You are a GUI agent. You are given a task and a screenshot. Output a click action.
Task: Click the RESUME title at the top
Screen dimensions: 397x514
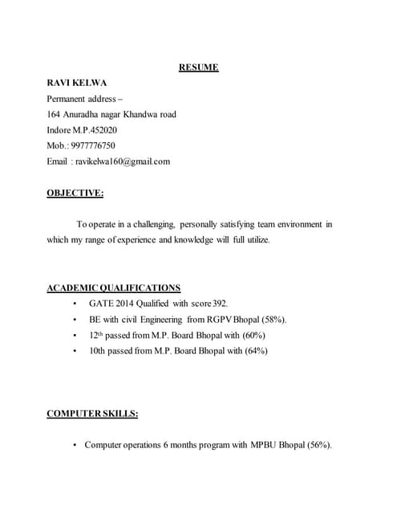(x=198, y=67)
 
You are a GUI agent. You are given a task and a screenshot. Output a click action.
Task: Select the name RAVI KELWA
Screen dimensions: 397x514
(x=77, y=83)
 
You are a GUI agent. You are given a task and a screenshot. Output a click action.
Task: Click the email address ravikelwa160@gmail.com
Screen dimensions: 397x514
(x=123, y=161)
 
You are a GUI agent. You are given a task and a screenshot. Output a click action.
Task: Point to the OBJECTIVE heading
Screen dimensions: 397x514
(x=75, y=193)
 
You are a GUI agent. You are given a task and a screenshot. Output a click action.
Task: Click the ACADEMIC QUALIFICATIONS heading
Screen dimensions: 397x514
(x=113, y=288)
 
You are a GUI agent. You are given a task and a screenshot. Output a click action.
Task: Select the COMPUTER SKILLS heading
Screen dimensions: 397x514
(x=92, y=414)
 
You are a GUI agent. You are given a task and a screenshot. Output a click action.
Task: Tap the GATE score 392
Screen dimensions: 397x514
(x=221, y=304)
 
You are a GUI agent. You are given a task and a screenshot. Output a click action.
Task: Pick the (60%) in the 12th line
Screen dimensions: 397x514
(x=251, y=335)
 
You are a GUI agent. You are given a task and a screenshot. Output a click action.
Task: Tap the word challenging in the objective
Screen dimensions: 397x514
(x=148, y=224)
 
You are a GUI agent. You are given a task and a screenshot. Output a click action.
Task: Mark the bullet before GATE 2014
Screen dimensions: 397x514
(x=75, y=304)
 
